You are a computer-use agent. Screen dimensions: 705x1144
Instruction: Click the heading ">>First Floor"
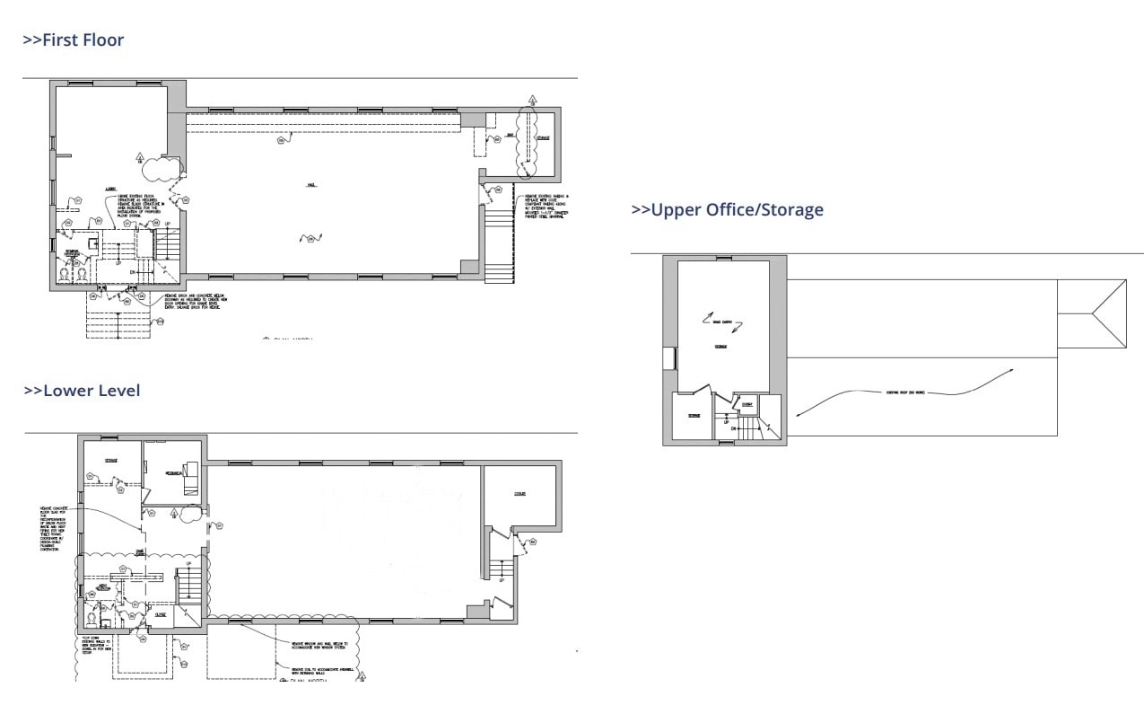pyautogui.click(x=73, y=40)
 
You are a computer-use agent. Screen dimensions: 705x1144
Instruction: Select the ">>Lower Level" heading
pyautogui.click(x=82, y=391)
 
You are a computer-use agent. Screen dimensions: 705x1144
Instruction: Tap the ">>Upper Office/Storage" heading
pyautogui.click(x=727, y=210)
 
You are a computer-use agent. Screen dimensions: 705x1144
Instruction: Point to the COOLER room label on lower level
pyautogui.click(x=520, y=494)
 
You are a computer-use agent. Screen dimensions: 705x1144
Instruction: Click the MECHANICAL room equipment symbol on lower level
pyautogui.click(x=190, y=482)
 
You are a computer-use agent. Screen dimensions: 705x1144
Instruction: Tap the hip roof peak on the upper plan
pyautogui.click(x=1092, y=313)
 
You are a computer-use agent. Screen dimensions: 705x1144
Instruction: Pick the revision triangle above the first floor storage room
pyautogui.click(x=532, y=100)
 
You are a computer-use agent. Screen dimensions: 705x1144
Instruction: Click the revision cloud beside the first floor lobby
pyautogui.click(x=160, y=168)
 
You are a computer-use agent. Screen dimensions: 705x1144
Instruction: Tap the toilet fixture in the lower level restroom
pyautogui.click(x=92, y=618)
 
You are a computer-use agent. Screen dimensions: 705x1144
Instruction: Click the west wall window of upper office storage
pyautogui.click(x=668, y=357)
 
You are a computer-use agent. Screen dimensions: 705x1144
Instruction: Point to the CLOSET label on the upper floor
pyautogui.click(x=747, y=405)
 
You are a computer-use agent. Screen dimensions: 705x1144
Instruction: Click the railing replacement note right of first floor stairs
pyautogui.click(x=542, y=206)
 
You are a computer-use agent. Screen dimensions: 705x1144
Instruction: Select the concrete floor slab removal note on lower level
pyautogui.click(x=53, y=531)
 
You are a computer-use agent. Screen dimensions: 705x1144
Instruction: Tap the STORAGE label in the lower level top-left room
pyautogui.click(x=110, y=462)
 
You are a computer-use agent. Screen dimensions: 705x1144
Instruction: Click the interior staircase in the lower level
pyautogui.click(x=188, y=587)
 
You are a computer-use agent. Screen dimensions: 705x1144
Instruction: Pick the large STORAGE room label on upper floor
pyautogui.click(x=720, y=347)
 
